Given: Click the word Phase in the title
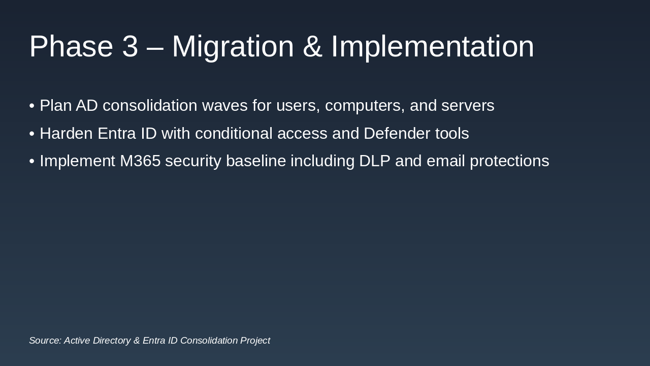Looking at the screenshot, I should coord(71,46).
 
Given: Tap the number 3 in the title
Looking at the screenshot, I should coord(130,46).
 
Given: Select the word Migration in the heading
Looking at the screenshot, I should coord(233,46).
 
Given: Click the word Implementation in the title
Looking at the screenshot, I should coord(432,46).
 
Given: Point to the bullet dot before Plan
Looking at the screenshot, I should coord(32,106).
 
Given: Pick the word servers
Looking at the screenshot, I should coord(468,106).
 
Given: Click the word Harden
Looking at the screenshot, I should coord(66,134).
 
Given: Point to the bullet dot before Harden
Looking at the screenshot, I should coord(32,134).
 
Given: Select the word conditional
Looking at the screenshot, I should coord(234,134).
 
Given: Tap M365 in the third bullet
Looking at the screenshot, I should coord(140,161).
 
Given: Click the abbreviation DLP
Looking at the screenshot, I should coord(375,161).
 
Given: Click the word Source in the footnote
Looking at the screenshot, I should coord(45,341).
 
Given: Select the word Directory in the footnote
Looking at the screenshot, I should coord(110,341).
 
